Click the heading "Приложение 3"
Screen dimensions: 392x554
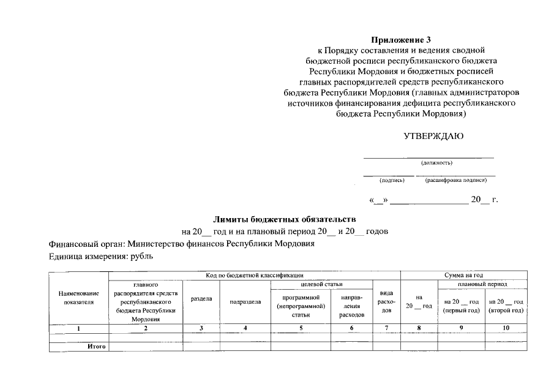coord(402,40)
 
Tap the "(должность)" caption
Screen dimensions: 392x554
coord(436,163)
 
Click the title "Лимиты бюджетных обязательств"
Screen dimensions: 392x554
coord(284,219)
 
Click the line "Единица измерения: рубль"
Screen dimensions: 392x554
coord(101,256)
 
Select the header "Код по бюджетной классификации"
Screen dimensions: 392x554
coord(254,276)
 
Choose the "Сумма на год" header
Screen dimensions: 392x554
coord(463,276)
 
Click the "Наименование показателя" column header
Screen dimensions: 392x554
coord(78,298)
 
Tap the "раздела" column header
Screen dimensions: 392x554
coord(201,300)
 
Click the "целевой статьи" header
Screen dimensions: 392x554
coord(322,284)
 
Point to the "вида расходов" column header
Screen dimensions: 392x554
coord(386,301)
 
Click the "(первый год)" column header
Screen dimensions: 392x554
coord(461,306)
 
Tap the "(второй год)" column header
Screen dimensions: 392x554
coord(505,306)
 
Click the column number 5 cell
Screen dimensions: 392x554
coord(300,328)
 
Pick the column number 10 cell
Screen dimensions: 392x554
coord(505,328)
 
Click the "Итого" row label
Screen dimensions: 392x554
coord(96,347)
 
